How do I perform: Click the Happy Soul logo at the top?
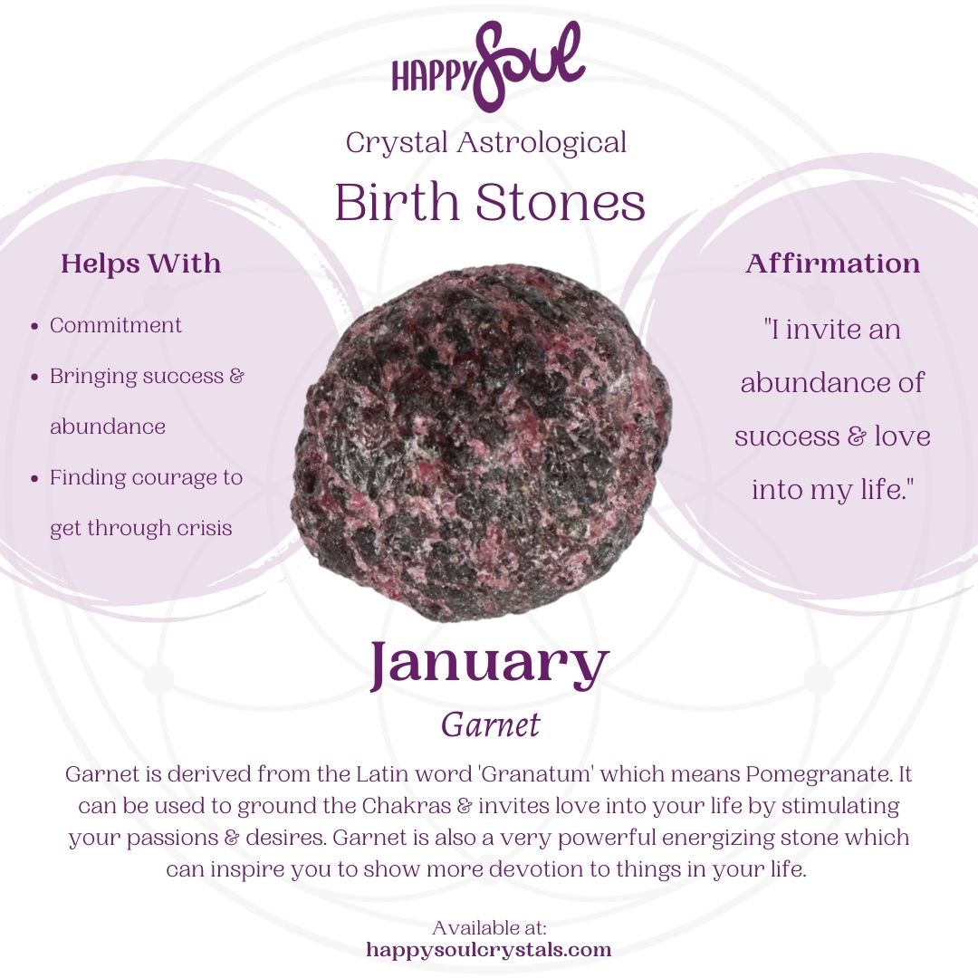coord(488,66)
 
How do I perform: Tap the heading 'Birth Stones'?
coord(489,202)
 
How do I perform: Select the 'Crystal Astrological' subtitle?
coord(486,142)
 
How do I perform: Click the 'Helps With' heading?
coord(140,264)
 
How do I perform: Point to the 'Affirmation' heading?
coord(832,264)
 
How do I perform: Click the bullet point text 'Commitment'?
coord(116,325)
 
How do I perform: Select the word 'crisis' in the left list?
coord(204,528)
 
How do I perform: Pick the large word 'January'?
coord(488,666)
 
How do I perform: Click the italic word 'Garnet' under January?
coord(490,724)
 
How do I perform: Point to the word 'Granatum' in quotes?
coord(512,775)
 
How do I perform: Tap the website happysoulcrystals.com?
coord(489,950)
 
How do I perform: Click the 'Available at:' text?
coord(489,928)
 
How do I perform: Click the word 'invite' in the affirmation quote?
coord(825,329)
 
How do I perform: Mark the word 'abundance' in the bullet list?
coord(107,427)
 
